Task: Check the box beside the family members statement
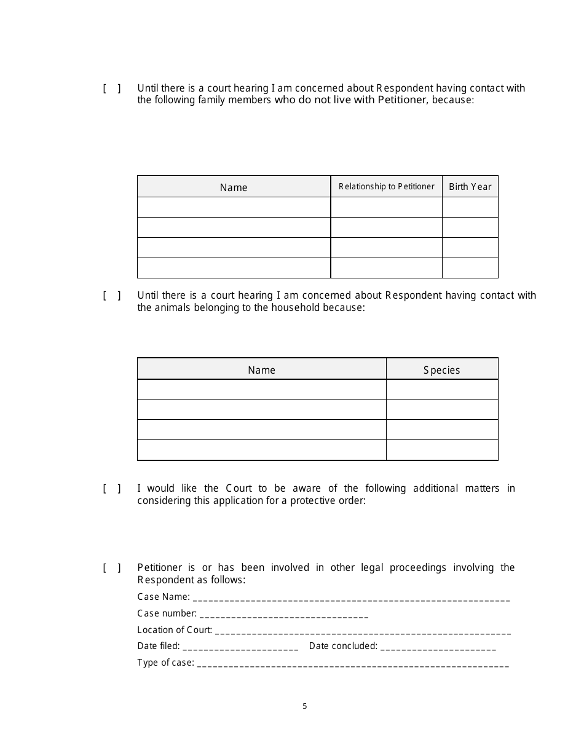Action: (111, 89)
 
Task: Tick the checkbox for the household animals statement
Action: (111, 296)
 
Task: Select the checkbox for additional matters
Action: (111, 489)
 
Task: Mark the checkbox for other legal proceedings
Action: (111, 568)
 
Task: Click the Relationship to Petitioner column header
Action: (386, 187)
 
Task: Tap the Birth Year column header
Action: (470, 187)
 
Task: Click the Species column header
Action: (441, 370)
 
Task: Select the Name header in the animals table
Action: (261, 370)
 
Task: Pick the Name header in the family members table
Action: (234, 187)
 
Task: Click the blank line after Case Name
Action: (351, 598)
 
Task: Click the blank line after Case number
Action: (284, 615)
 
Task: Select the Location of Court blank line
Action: (363, 631)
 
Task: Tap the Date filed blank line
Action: (240, 647)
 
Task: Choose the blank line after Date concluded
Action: (438, 647)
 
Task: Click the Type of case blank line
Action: (352, 664)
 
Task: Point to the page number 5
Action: (304, 706)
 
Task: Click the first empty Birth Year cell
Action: (470, 207)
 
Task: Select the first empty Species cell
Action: (441, 390)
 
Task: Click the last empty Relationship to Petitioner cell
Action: (386, 268)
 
